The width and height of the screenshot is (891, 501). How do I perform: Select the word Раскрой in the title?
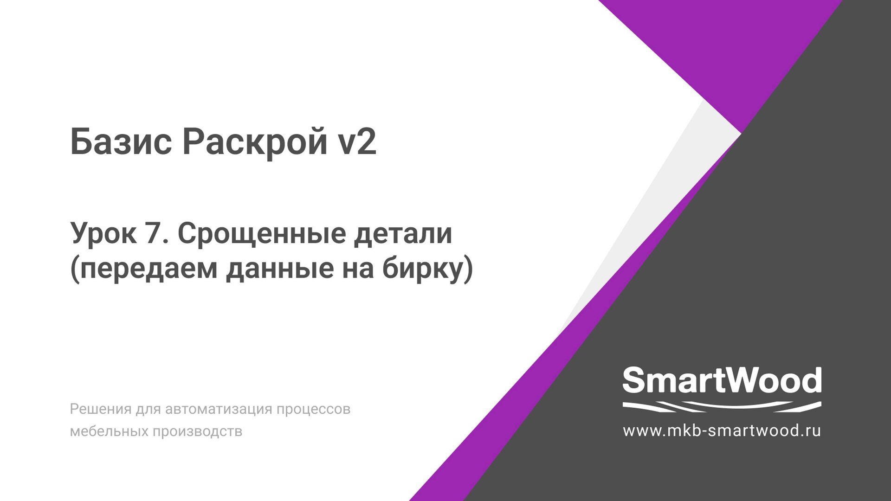(x=254, y=141)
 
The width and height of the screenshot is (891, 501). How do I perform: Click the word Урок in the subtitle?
(x=103, y=233)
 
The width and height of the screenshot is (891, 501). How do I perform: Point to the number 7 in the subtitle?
(x=154, y=233)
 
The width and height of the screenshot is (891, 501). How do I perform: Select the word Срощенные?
(x=262, y=233)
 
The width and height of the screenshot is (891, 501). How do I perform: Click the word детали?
(x=403, y=233)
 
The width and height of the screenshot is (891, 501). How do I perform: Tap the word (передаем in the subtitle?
(x=143, y=269)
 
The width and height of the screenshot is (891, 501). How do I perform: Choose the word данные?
(x=280, y=269)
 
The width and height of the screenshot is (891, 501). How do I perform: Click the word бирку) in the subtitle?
(x=427, y=269)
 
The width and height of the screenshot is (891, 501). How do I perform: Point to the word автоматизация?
(x=219, y=409)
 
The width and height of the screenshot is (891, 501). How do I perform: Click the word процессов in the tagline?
(x=313, y=409)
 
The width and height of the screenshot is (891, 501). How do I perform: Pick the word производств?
(x=197, y=431)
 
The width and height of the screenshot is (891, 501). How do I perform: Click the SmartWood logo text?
(x=722, y=380)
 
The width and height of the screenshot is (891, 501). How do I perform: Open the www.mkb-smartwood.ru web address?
(x=722, y=430)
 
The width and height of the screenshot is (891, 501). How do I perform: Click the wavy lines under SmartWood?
(x=722, y=407)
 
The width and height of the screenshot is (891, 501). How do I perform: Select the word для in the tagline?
(x=147, y=409)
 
